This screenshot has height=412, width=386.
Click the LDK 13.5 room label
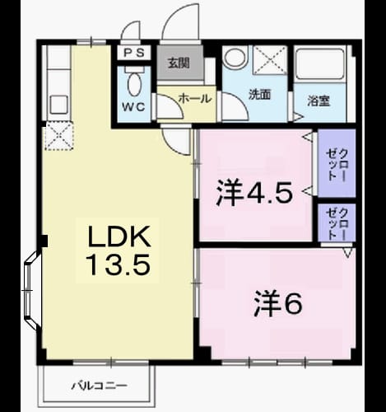pyautogui.click(x=119, y=250)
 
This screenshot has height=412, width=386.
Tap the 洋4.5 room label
pyautogui.click(x=254, y=194)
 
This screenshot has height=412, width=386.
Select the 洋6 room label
pyautogui.click(x=277, y=303)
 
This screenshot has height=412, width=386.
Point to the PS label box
pyautogui.click(x=134, y=53)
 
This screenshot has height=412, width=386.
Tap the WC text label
pyautogui.click(x=133, y=107)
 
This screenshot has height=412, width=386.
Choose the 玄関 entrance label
pyautogui.click(x=179, y=63)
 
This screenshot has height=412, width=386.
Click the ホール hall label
pyautogui.click(x=195, y=98)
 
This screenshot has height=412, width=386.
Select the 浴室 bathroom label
pyautogui.click(x=319, y=101)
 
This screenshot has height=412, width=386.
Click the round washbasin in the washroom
pyautogui.click(x=235, y=57)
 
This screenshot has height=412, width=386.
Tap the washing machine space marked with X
pyautogui.click(x=270, y=60)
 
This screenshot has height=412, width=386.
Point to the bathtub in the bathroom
pyautogui.click(x=321, y=64)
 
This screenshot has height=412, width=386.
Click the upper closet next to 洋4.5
pyautogui.click(x=337, y=163)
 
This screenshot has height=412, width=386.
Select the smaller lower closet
pyautogui.click(x=337, y=222)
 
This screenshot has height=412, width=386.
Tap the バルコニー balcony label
pyautogui.click(x=100, y=386)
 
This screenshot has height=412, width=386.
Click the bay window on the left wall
pyautogui.click(x=31, y=290)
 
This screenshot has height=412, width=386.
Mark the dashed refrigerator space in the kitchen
pyautogui.click(x=59, y=136)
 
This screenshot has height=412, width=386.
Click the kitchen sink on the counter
pyautogui.click(x=58, y=105)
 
